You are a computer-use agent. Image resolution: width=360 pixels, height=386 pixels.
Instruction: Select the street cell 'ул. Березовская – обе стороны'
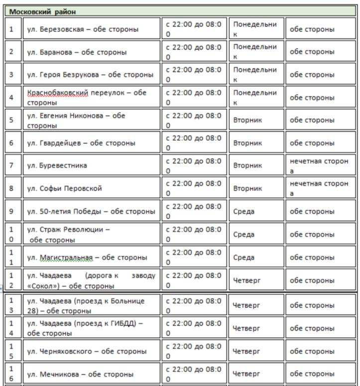[82, 29]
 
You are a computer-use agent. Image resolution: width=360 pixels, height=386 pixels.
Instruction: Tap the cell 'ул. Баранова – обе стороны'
[77, 52]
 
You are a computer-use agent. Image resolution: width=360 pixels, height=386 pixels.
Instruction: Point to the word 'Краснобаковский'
[58, 93]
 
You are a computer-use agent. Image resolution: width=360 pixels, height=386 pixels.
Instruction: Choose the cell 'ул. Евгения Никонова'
[76, 120]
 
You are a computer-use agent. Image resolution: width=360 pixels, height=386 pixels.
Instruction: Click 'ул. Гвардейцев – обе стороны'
[81, 143]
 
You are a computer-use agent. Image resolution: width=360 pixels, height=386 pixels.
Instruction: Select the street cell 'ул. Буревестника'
[57, 166]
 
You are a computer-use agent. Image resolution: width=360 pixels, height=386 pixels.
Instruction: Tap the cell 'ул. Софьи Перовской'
[64, 189]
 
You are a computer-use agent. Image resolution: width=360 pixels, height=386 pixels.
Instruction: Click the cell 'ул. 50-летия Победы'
[91, 211]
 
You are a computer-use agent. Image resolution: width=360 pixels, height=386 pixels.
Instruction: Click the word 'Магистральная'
[66, 258]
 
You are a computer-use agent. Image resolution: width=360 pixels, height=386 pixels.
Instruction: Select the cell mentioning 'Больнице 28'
[86, 306]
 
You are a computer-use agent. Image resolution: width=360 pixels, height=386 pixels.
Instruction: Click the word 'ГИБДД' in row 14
[126, 323]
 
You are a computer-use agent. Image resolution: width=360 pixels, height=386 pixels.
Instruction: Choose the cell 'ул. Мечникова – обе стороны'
[80, 374]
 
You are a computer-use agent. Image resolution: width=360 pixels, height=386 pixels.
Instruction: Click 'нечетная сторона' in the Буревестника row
[319, 166]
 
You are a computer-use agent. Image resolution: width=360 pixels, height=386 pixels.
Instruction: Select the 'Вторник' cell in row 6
[247, 143]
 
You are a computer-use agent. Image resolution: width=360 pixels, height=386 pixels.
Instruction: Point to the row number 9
[11, 211]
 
